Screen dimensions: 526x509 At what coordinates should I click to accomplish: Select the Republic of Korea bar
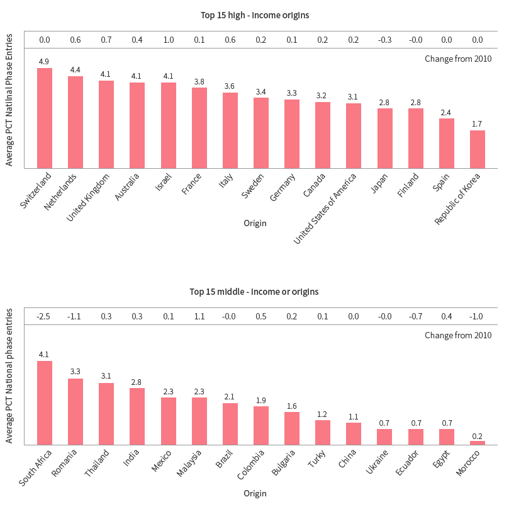coord(478,149)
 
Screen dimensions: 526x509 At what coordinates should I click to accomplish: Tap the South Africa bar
coord(45,403)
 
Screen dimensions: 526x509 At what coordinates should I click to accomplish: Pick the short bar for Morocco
coord(478,442)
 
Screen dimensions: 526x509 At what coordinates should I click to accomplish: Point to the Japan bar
coord(385,138)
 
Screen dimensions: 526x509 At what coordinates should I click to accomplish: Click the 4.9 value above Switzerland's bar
coord(44,62)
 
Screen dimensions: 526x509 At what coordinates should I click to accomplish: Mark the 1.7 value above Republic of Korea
coord(478,124)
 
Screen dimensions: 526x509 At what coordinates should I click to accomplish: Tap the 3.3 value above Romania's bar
coord(76,372)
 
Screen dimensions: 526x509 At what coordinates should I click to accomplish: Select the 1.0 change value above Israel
coord(168,40)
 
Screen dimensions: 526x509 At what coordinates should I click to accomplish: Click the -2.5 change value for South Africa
coord(44,316)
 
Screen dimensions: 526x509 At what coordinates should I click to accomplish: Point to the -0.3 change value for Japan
coord(384,40)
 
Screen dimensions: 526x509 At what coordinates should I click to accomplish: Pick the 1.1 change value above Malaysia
coord(199,316)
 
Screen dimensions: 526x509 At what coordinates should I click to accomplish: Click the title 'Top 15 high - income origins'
coord(254,15)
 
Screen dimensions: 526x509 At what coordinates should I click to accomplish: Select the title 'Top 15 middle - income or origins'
coord(254,292)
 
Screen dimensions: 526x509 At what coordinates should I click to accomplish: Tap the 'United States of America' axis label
coord(326,208)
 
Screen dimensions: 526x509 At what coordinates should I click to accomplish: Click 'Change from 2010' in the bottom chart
coord(458,335)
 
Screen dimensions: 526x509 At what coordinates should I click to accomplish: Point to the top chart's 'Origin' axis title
coord(255,223)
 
